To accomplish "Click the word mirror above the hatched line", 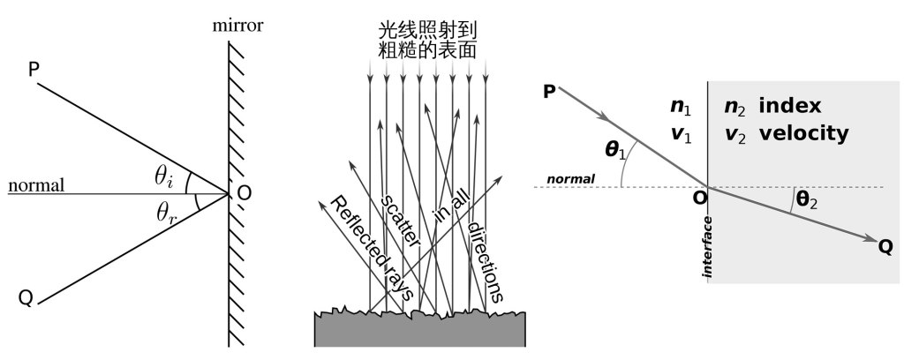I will click(x=236, y=23).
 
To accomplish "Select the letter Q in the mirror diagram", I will click(x=26, y=298).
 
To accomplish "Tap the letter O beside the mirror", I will click(x=244, y=195).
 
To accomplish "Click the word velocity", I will click(x=803, y=134).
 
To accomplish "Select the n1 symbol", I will click(x=681, y=107).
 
